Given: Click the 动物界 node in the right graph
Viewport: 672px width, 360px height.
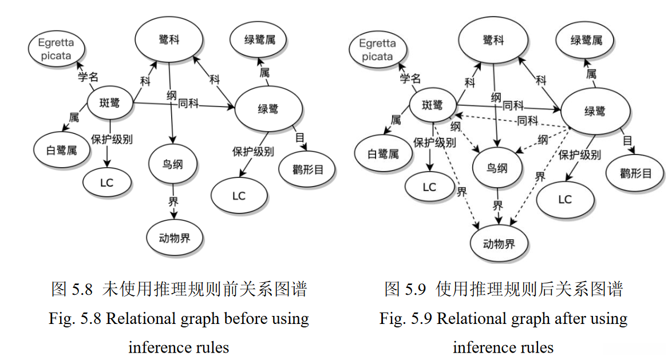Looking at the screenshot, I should [x=499, y=244].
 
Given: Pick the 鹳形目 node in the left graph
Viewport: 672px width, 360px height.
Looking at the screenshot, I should [x=308, y=170].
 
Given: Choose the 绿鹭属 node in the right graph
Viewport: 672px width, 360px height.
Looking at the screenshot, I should [x=587, y=40].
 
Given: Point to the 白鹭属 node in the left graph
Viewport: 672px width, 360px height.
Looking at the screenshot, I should [x=61, y=151].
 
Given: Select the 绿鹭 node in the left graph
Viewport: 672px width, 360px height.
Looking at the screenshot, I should [x=268, y=108].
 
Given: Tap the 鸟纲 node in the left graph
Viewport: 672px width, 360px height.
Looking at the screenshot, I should [x=173, y=164].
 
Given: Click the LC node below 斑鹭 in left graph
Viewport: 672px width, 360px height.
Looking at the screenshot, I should [x=107, y=183].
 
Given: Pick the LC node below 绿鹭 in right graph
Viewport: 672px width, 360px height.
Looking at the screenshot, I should [x=565, y=199].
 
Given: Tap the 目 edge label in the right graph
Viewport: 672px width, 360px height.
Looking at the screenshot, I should [x=627, y=141].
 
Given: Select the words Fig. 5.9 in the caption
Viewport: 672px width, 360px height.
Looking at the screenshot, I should [x=403, y=318].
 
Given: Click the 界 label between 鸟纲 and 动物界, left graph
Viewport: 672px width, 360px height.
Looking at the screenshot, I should [x=173, y=201].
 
